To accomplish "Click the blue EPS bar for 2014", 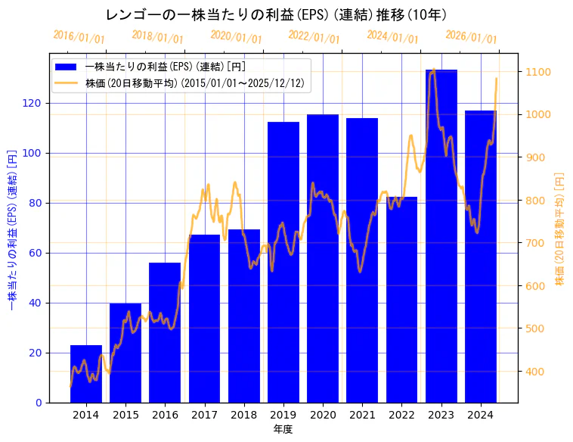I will [86, 374].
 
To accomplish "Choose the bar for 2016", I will [165, 332].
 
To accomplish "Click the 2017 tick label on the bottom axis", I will [204, 415].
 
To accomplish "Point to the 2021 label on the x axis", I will [362, 415].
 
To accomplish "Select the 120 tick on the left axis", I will [36, 103].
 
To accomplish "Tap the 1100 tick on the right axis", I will [539, 72].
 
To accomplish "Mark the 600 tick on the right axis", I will [536, 286].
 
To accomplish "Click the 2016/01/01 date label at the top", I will [79, 36].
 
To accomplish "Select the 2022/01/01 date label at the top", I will [314, 36].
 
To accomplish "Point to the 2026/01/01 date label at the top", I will [472, 36].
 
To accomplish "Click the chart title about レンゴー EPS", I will [276, 14].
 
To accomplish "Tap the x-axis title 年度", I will [283, 429].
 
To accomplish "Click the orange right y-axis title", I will [560, 228].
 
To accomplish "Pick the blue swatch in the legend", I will [67, 67].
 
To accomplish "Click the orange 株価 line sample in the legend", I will [67, 83].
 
